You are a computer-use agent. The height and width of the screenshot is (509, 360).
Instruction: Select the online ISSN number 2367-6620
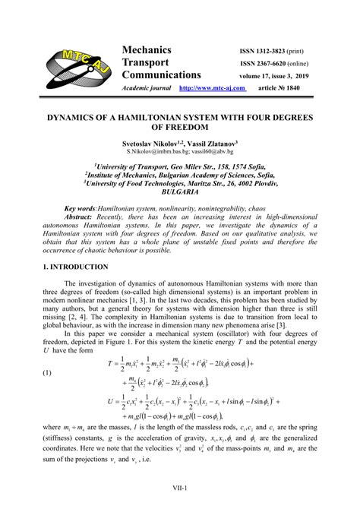pyautogui.click(x=283, y=64)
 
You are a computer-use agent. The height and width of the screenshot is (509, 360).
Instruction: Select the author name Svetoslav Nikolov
pyautogui.click(x=152, y=142)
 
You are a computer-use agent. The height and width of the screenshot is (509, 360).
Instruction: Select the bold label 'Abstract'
pyautogui.click(x=81, y=217)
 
